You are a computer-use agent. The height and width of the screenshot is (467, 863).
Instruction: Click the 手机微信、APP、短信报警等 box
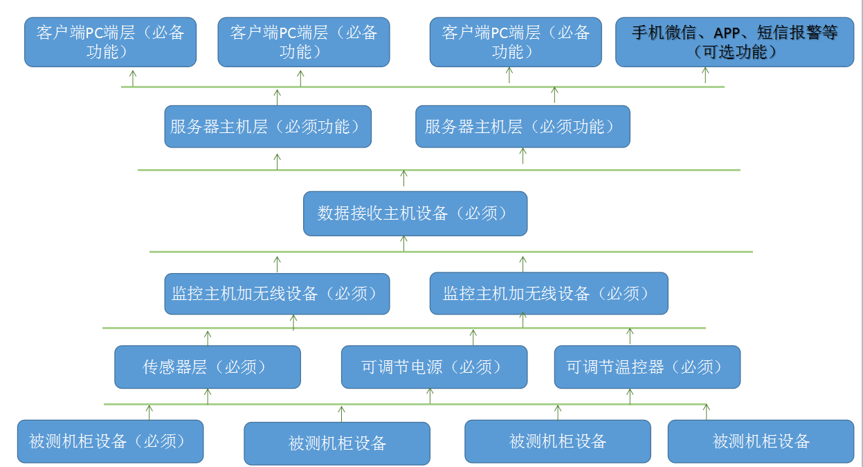(734, 42)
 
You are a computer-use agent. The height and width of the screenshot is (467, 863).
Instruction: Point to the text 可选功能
(734, 52)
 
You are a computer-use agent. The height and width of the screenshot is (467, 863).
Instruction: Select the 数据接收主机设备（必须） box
(415, 213)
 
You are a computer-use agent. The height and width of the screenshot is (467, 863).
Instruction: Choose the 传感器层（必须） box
(208, 367)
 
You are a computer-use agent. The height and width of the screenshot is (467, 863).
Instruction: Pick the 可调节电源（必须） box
(434, 367)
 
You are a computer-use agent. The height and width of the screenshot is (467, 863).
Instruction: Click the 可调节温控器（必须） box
(647, 367)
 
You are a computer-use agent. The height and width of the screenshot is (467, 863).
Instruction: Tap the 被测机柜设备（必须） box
(111, 441)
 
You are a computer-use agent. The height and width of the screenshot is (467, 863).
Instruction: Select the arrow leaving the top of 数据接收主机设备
(404, 178)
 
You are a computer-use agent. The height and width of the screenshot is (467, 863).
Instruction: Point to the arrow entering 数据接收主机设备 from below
(404, 243)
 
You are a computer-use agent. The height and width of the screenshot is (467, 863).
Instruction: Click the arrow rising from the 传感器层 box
(208, 337)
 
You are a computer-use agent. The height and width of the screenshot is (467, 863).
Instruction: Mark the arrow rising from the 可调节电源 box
(473, 337)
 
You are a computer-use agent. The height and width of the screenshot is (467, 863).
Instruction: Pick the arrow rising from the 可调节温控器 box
(630, 336)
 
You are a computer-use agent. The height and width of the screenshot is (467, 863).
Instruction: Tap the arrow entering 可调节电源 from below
(430, 396)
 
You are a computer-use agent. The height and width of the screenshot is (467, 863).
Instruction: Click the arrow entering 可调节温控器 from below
(630, 396)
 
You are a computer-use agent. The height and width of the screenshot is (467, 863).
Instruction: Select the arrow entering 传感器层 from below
(208, 396)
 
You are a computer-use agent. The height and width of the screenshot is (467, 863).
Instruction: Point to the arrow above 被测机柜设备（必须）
(149, 412)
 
